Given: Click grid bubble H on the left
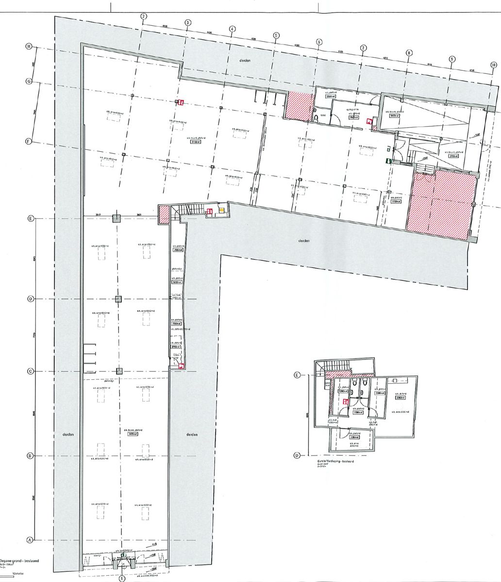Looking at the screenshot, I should point(29,47).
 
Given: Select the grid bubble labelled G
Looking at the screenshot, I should point(29,82).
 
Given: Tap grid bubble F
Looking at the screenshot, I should point(29,142).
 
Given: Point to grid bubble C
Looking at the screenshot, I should point(30,372).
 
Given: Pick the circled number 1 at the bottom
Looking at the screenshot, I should point(122,578).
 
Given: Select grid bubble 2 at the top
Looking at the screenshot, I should point(144,16).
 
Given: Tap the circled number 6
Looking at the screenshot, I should point(319,42).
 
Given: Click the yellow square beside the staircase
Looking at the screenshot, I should point(221,210).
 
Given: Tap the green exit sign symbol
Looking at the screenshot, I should point(389,160).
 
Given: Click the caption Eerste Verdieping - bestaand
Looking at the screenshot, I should point(334,462).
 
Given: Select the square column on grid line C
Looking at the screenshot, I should point(119,372).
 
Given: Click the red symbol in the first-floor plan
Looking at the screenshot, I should point(346,402).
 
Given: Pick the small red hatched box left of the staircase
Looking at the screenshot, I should point(164,213).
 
